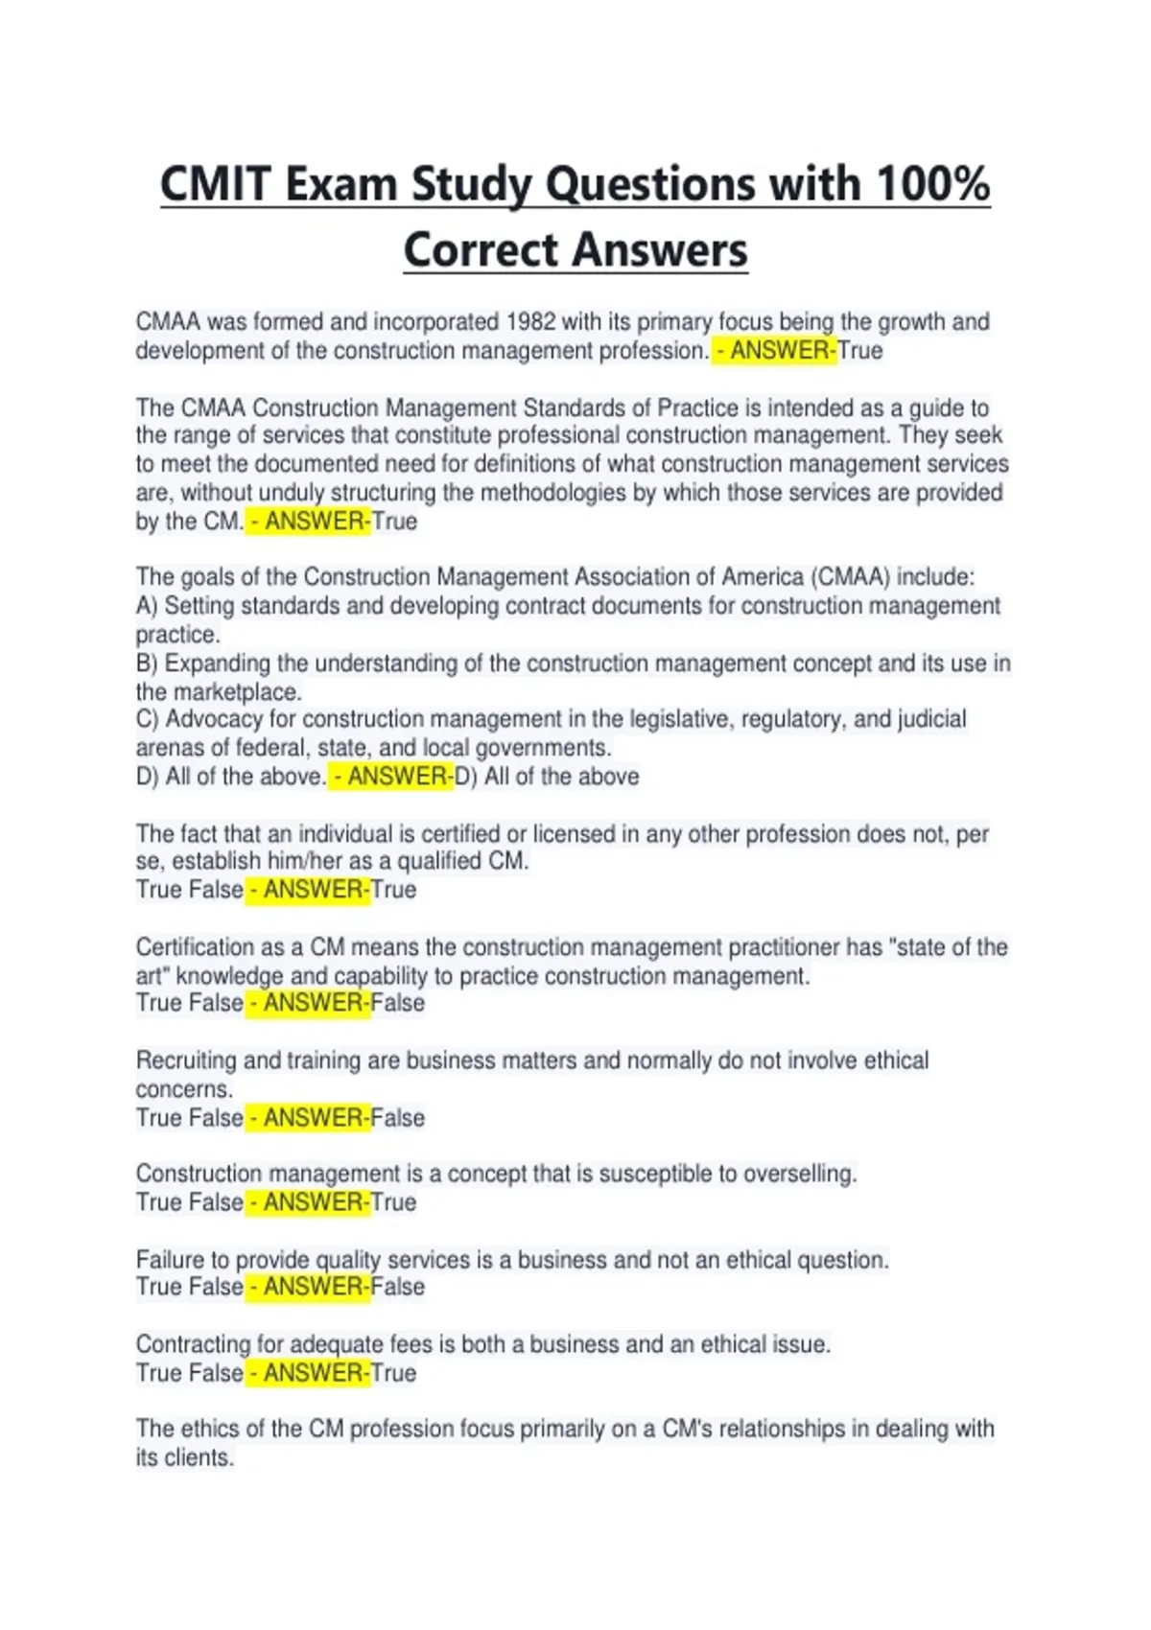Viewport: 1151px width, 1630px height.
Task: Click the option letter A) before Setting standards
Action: [x=147, y=606]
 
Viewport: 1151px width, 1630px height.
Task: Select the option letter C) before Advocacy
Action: [x=148, y=719]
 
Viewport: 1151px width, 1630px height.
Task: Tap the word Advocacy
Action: [x=215, y=719]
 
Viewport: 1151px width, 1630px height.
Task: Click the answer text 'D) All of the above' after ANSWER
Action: [x=547, y=777]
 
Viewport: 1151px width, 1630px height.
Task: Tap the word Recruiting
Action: [x=186, y=1060]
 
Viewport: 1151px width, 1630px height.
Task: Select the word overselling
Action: [x=800, y=1174]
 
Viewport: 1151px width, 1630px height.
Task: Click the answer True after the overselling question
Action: [x=393, y=1202]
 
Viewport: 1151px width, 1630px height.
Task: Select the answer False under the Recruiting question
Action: [x=397, y=1118]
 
